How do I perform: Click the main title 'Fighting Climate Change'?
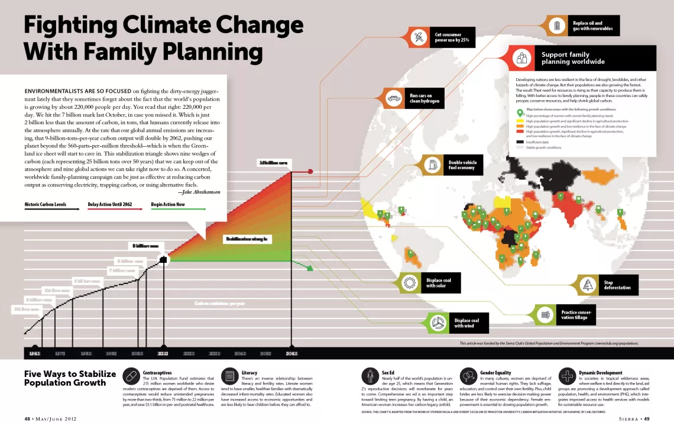pos(163,25)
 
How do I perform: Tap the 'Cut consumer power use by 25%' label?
pos(452,38)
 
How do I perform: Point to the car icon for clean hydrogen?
pos(394,98)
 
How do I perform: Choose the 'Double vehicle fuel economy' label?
pos(462,165)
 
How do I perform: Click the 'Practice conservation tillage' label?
pos(576,315)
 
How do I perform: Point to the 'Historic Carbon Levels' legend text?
pos(44,205)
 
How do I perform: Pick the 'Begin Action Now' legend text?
pos(168,205)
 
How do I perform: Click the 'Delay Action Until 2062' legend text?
pos(110,205)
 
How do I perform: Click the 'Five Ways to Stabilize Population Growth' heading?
pos(70,378)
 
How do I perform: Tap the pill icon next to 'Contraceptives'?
pos(131,376)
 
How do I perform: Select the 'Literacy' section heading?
pos(249,373)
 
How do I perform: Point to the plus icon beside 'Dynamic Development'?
pos(567,376)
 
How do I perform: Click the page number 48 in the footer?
pos(28,418)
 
